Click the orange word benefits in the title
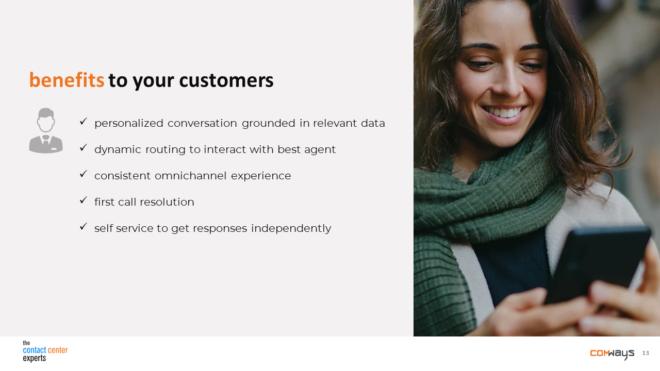(67, 80)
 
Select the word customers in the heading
(226, 80)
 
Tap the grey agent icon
(46, 130)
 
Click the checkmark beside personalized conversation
(84, 121)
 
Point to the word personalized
(129, 123)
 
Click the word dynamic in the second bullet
(118, 149)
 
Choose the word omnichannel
(190, 176)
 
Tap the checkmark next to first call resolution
(84, 200)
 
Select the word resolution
(167, 202)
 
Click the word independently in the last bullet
(291, 228)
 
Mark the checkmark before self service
(84, 226)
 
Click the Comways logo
(612, 353)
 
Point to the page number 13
(646, 353)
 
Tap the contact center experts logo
(45, 351)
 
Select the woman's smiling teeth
(504, 112)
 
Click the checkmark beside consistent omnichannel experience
(84, 174)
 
